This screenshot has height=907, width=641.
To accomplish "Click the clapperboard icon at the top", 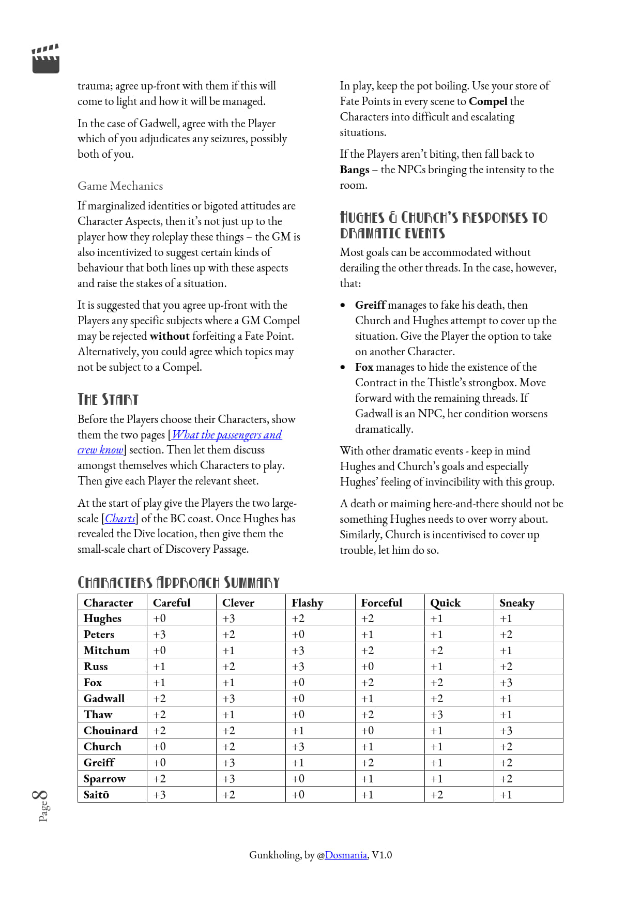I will click(45, 59).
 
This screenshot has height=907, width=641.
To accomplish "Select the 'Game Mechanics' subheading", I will click(120, 186).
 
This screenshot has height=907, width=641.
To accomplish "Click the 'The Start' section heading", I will click(108, 399).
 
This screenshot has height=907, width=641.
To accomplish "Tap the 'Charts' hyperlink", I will click(120, 519).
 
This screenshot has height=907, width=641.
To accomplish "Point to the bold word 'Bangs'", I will click(355, 170).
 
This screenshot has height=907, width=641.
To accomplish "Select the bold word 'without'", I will click(170, 336).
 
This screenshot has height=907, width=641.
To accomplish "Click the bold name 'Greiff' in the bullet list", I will click(370, 305).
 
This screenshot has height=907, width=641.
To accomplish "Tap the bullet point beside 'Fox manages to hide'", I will click(343, 367).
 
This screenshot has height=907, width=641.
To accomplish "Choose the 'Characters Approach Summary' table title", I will click(178, 583).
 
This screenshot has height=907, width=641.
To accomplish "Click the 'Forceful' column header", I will click(381, 603).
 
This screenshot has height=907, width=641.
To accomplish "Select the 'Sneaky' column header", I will click(517, 603).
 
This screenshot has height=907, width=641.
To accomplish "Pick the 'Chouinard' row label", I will click(111, 731).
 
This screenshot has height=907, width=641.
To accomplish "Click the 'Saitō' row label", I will click(97, 795).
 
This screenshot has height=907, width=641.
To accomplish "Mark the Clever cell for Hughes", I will click(229, 619).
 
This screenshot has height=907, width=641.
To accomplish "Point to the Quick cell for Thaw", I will click(437, 715).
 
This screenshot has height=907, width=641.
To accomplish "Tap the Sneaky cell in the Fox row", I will click(506, 683).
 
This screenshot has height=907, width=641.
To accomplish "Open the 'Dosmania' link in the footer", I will click(346, 855).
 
